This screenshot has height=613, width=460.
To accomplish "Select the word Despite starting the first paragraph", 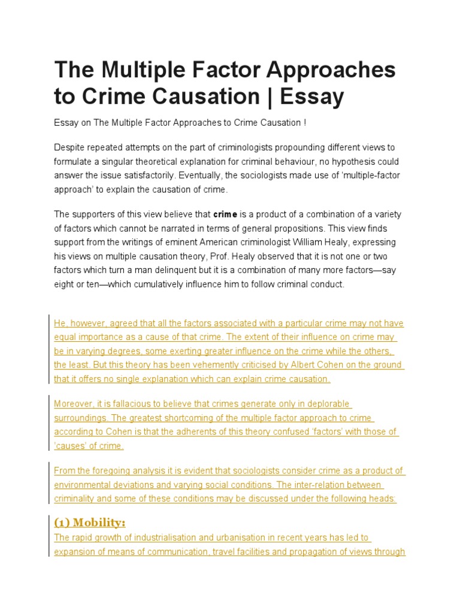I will [70, 147].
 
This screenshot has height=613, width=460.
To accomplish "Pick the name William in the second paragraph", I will [312, 242].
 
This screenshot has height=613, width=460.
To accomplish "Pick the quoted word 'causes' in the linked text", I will [69, 445].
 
